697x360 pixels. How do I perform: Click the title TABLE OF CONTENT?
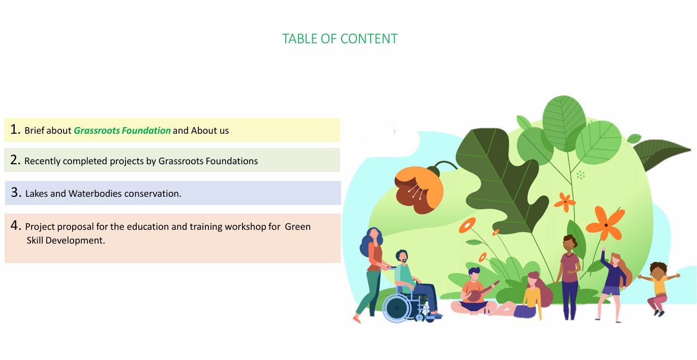click(x=340, y=39)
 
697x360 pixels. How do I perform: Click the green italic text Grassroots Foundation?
click(x=122, y=131)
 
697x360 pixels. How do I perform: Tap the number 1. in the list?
click(x=15, y=130)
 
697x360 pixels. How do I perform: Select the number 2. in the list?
click(x=15, y=160)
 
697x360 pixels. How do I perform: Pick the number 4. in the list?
click(x=16, y=226)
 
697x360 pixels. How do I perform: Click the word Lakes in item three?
click(x=36, y=194)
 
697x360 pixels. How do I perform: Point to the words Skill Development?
click(x=66, y=241)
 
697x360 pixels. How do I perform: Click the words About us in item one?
click(x=210, y=131)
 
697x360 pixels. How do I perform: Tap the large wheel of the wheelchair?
click(x=397, y=308)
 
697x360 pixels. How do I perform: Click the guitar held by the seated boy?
click(x=478, y=294)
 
